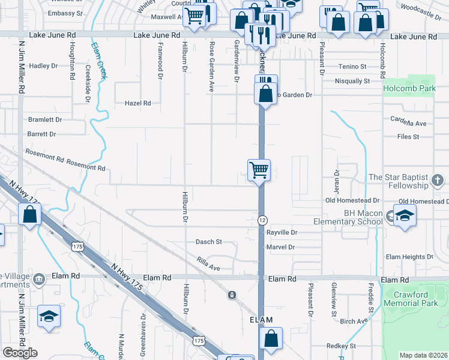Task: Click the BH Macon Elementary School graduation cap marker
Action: [x=405, y=216]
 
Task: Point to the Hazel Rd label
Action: [x=137, y=103]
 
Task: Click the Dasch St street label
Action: [x=209, y=242]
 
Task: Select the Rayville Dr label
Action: [x=282, y=232]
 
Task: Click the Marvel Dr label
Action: [x=280, y=247]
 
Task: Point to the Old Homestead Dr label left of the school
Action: [x=352, y=200]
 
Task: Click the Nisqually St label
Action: [x=352, y=81]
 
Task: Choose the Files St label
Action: [x=408, y=137]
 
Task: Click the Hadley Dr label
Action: [x=43, y=66]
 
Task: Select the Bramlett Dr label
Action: [x=45, y=119]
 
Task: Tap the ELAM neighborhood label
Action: [x=261, y=320]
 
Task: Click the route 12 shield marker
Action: [x=262, y=221]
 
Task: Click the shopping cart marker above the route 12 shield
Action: [x=259, y=170]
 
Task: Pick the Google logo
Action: [x=20, y=353]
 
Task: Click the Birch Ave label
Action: [x=354, y=321]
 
